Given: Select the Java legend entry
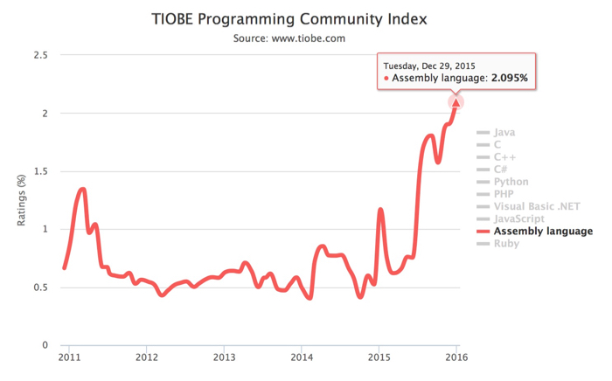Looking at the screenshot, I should (504, 133).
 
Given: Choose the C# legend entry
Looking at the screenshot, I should (502, 170).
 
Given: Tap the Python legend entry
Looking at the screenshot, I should (511, 182).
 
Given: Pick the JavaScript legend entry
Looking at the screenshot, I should (519, 218).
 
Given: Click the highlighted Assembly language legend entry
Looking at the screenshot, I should (543, 232).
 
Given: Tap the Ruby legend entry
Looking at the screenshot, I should (506, 244).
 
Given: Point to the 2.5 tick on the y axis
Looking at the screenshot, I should (39, 55).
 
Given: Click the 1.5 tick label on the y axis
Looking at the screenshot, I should (39, 171).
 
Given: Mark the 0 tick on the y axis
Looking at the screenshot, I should (44, 345).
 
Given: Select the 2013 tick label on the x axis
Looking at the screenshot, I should (225, 357).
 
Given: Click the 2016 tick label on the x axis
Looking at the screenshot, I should (456, 357).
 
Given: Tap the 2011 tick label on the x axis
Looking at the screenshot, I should (70, 357).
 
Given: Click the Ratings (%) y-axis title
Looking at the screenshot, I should (22, 200).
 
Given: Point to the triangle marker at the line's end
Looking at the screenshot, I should (456, 102).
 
